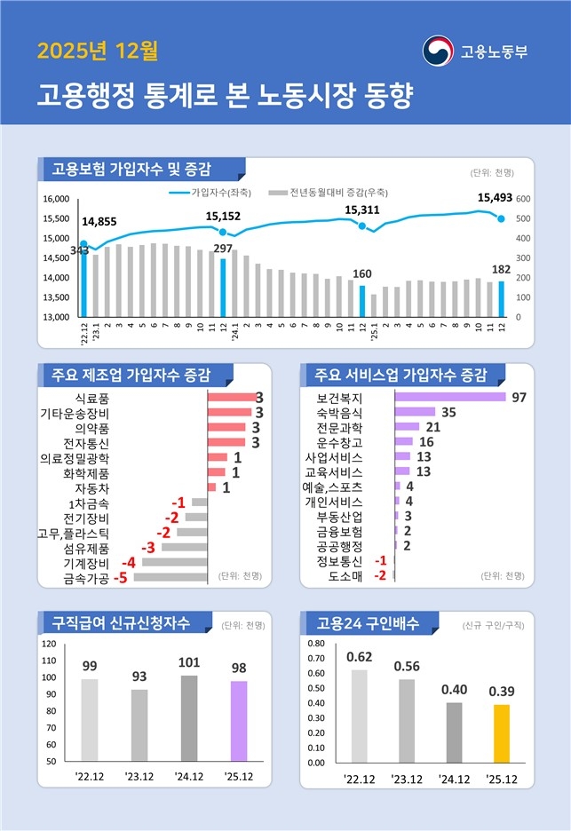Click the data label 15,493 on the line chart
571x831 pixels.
[495, 197]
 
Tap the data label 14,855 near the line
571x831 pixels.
[99, 222]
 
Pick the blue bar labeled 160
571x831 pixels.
[362, 301]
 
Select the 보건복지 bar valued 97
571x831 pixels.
[450, 397]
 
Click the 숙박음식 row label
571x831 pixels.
[338, 413]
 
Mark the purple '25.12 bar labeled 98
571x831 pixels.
[239, 721]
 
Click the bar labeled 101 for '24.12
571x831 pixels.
[189, 718]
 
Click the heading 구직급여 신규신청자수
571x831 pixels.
[121, 622]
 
